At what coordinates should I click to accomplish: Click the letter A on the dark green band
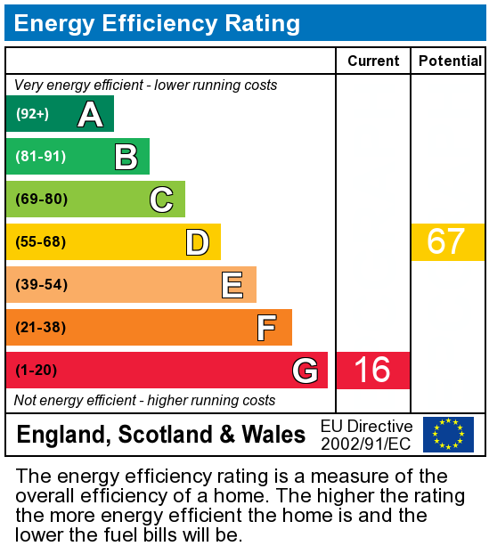coord(90,114)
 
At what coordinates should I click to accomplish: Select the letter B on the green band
coord(126,157)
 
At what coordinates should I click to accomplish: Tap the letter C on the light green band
coord(161,200)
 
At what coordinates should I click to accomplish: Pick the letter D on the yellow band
coord(197,242)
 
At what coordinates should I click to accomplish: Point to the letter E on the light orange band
coord(232,285)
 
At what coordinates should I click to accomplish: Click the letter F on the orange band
coord(266,328)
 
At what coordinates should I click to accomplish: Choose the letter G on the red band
coord(305,371)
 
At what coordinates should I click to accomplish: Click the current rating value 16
coord(372,371)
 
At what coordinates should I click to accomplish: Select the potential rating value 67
coord(446,242)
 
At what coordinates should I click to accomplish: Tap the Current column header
coord(373,61)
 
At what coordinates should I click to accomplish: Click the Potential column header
coord(450,61)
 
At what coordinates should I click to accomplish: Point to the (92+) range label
coord(33,114)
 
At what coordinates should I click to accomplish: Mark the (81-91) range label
coord(41,157)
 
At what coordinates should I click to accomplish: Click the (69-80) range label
coord(42,200)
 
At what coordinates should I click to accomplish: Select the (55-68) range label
coord(41,242)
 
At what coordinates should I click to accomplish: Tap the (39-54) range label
coord(41,285)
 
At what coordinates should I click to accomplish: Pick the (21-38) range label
coord(41,328)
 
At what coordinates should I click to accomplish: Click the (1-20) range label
coord(37,371)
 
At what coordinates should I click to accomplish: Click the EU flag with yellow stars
coord(448,435)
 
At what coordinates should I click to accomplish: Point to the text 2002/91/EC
coord(366,444)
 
